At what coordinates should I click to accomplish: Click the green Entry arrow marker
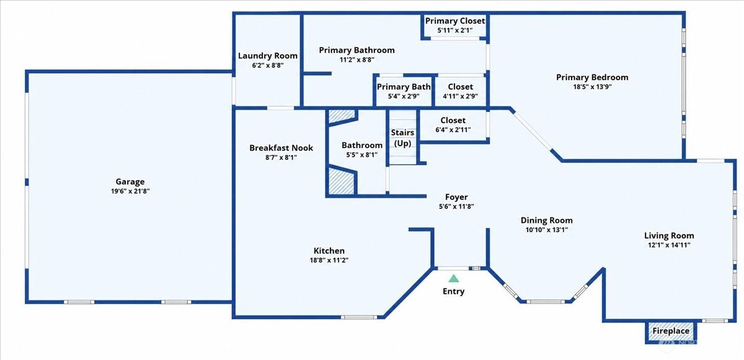453,278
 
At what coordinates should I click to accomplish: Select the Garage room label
130,182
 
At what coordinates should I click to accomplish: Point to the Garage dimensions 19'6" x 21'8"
130,191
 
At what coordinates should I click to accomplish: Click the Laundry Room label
268,56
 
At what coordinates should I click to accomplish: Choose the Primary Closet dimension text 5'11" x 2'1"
455,30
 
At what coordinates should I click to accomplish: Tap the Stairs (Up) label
402,138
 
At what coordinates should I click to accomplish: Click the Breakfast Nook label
281,147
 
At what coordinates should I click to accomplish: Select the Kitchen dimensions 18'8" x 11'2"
329,260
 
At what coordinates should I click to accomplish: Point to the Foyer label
456,197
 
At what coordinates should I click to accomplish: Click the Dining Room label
546,221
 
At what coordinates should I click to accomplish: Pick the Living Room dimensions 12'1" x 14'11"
669,245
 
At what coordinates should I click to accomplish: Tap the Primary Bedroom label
592,77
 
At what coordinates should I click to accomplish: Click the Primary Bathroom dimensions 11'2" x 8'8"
356,59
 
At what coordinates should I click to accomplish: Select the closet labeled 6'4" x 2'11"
453,125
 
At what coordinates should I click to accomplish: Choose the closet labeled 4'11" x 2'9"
460,91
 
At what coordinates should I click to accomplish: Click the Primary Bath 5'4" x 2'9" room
404,91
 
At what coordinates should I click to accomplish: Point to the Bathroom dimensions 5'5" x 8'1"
361,155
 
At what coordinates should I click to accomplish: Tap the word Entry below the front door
453,291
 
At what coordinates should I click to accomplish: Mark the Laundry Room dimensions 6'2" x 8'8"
268,65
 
